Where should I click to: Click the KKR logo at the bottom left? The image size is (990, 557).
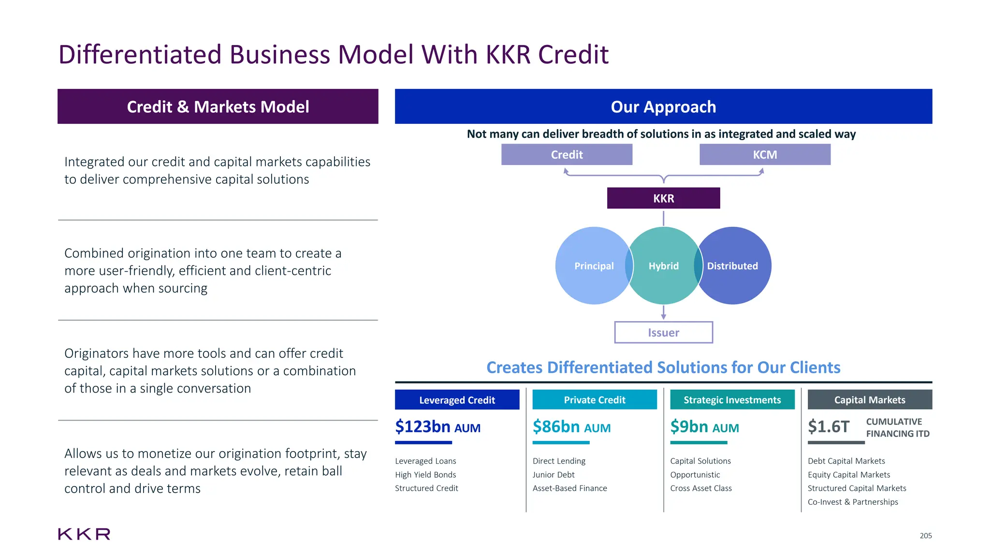point(84,534)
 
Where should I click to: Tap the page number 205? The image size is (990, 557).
point(925,536)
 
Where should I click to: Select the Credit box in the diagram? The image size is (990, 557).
point(567,155)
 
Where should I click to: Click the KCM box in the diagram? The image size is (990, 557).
point(765,155)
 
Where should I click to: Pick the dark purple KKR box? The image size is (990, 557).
point(663,198)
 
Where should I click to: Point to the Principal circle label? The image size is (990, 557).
point(594,266)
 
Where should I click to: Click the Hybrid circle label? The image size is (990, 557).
point(663,266)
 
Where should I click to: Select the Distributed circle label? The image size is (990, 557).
point(732,266)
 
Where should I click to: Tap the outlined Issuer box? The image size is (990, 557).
point(663,333)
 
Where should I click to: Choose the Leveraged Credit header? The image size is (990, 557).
point(457,400)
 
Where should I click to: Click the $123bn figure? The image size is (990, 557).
point(422,427)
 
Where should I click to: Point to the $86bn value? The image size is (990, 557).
point(556,427)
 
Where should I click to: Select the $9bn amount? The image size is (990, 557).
point(689,427)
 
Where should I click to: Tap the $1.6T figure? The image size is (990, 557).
point(828,427)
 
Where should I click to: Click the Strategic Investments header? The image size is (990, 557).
point(732,400)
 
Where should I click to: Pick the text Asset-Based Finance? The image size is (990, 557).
point(569,488)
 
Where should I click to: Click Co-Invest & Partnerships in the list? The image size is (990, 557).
point(853,502)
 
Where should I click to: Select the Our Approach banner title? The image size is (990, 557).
point(663,107)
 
